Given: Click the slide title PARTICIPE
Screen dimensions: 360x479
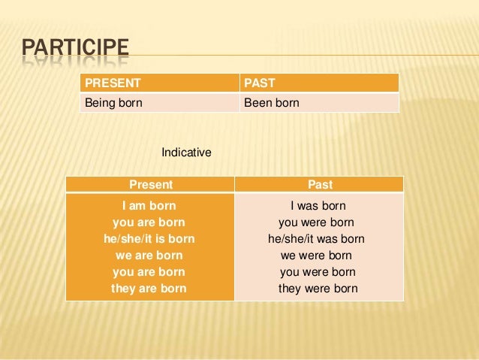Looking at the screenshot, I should [75, 50].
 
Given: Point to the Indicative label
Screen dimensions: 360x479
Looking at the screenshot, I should [186, 153].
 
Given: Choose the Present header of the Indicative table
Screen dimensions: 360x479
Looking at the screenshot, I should [151, 185].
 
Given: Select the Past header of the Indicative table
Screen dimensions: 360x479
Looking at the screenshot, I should [320, 185].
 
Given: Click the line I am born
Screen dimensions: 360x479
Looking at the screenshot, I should [149, 205].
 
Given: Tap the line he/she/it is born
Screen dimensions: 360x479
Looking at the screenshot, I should [149, 239].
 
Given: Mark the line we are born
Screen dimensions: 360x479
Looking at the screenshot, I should [149, 256].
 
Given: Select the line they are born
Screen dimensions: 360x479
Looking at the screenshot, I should [149, 289].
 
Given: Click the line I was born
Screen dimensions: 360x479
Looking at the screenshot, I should [318, 205].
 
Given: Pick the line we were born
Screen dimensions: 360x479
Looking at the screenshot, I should [318, 256].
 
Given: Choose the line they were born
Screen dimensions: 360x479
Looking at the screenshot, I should [318, 289].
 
